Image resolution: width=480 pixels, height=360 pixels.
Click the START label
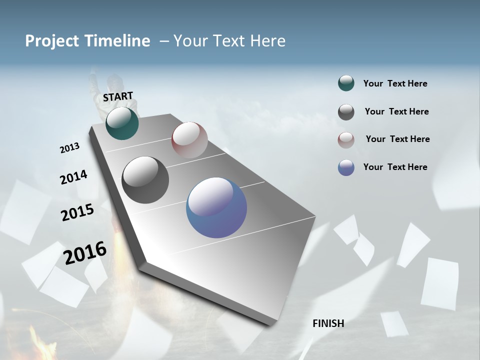click(x=118, y=96)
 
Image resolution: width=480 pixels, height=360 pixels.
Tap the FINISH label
click(x=328, y=323)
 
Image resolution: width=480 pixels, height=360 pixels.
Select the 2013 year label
click(x=69, y=148)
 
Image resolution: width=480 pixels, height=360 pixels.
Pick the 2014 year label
click(x=73, y=177)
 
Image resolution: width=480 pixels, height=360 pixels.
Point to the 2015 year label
click(x=77, y=212)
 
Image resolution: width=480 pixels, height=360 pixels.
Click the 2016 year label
click(x=85, y=252)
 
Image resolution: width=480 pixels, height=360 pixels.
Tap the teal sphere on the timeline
click(x=122, y=123)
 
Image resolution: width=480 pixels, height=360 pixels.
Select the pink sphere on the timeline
click(x=189, y=139)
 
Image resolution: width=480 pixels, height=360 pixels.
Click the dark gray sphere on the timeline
click(x=145, y=180)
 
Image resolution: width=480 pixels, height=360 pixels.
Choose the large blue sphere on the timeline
click(x=216, y=207)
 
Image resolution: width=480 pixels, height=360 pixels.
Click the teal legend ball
click(x=346, y=83)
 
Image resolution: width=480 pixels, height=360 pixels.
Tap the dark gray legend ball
click(x=346, y=112)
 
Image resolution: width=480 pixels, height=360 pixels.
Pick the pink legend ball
click(x=346, y=139)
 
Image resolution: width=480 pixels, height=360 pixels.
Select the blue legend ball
click(x=346, y=167)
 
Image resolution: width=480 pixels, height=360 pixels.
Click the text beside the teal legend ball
click(x=395, y=83)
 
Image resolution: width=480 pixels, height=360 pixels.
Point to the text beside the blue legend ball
click(x=395, y=167)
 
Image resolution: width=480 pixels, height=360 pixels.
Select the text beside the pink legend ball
click(x=397, y=139)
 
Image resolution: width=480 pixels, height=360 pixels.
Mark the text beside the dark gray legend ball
click(x=396, y=111)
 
